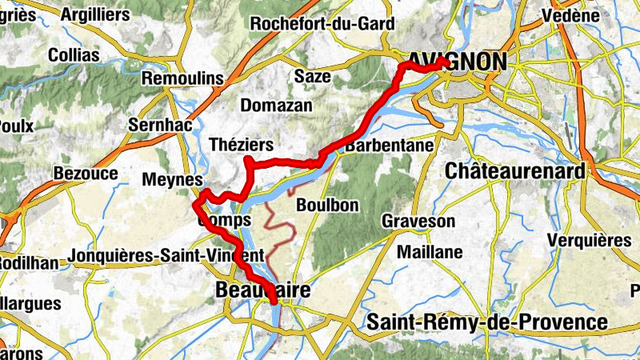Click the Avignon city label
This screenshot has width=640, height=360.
[x=457, y=62]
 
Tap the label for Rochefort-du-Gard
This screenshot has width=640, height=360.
[x=322, y=23]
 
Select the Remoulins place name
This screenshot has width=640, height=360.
[x=181, y=79]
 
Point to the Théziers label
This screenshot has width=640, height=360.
[x=241, y=145]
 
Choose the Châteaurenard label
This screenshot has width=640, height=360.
[x=514, y=171]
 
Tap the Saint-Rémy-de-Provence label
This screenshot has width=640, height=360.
[x=486, y=322]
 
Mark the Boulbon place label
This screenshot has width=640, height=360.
[x=327, y=206]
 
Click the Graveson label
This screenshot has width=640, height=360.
[x=418, y=221]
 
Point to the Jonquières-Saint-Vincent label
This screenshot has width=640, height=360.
[x=166, y=255]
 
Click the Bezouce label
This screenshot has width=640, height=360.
[x=86, y=174]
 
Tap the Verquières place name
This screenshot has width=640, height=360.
[x=589, y=241]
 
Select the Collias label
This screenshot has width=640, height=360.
[x=74, y=55]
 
